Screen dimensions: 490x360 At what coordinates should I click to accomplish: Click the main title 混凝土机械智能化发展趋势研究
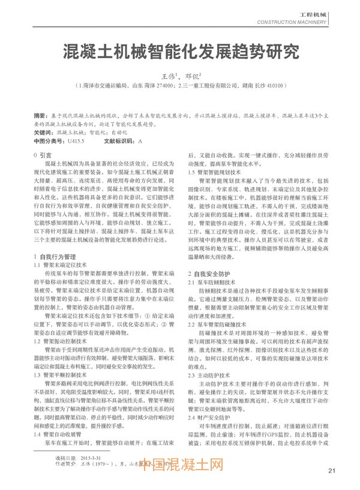tap(181, 52)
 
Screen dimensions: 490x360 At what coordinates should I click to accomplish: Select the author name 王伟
tap(170, 77)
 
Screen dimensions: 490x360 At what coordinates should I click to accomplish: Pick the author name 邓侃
tap(191, 77)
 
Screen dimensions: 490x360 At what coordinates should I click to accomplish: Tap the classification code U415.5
tap(76, 141)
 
